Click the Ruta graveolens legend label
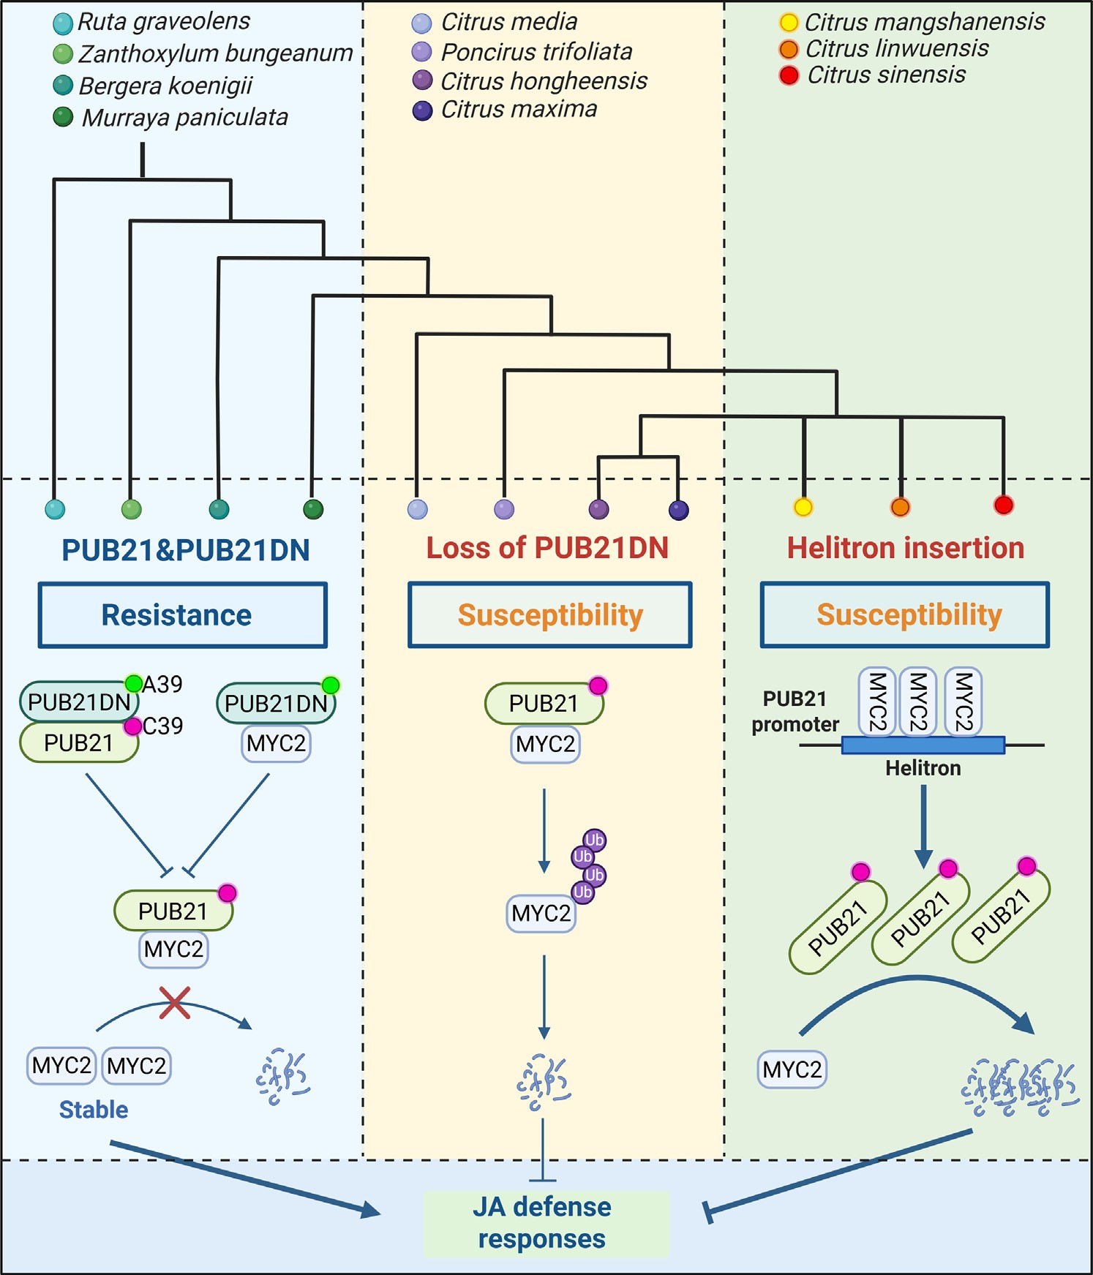tap(163, 22)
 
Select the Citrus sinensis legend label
tap(886, 75)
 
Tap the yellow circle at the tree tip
tap(803, 506)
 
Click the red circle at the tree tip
tap(1004, 504)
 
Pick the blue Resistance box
tap(182, 615)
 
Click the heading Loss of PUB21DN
tap(547, 548)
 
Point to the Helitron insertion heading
tap(905, 548)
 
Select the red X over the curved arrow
tap(175, 1002)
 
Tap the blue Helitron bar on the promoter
tap(923, 745)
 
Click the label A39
tap(162, 685)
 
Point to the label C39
tap(163, 726)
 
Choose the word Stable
tap(94, 1110)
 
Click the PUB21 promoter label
tap(795, 712)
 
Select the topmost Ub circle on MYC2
tap(594, 840)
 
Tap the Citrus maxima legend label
tap(519, 110)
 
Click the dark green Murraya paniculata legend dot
tap(63, 117)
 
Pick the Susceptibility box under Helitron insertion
tap(905, 615)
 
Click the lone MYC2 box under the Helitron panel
tap(792, 1069)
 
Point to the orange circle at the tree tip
tap(901, 506)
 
